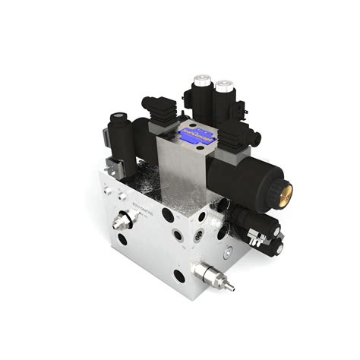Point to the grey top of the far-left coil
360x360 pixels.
coord(118,117)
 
